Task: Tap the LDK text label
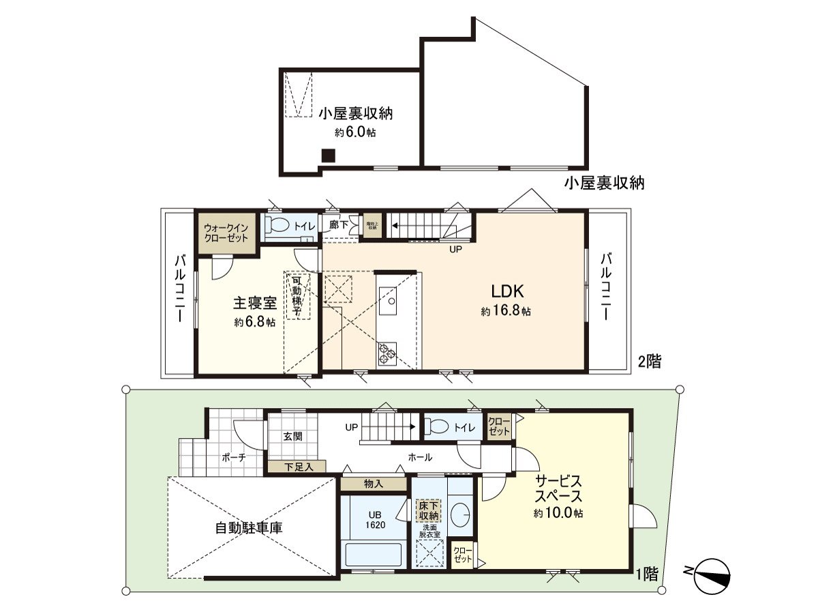click(508, 291)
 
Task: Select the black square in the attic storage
click(329, 156)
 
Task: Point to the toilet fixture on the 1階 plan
click(437, 426)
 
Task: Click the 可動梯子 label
click(297, 295)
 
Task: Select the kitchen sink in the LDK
click(391, 299)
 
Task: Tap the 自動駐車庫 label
click(249, 527)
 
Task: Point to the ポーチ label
click(233, 458)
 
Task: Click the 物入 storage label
click(374, 484)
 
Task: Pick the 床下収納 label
click(429, 511)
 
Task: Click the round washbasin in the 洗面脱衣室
click(461, 514)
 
